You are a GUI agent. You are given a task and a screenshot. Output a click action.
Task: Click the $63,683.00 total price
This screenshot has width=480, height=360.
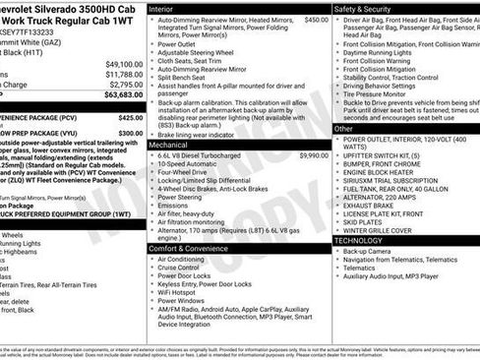tap(117, 95)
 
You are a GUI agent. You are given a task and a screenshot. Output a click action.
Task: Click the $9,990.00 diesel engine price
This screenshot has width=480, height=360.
tap(314, 155)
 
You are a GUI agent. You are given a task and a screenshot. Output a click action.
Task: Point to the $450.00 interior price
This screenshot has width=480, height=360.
tap(317, 20)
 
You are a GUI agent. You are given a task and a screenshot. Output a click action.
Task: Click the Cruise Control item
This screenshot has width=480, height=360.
tap(185, 267)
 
